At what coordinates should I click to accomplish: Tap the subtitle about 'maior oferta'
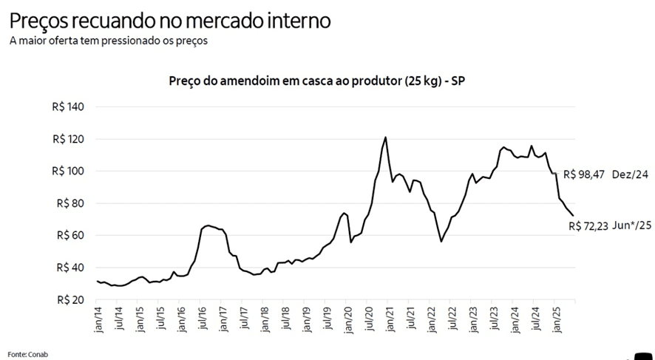click(108, 41)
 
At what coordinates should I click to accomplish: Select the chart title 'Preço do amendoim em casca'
click(316, 80)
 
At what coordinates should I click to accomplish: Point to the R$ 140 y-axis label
click(69, 107)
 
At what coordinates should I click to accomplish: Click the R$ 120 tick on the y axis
click(69, 139)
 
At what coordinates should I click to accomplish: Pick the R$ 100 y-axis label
click(69, 171)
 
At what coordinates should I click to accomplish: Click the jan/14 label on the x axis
click(98, 319)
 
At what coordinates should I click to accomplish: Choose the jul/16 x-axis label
click(203, 319)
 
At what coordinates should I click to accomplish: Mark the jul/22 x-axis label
click(451, 319)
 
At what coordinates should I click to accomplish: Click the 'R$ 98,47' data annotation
click(584, 175)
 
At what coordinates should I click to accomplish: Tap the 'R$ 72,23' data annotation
click(588, 226)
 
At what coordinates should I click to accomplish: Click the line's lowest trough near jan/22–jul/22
click(441, 241)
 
